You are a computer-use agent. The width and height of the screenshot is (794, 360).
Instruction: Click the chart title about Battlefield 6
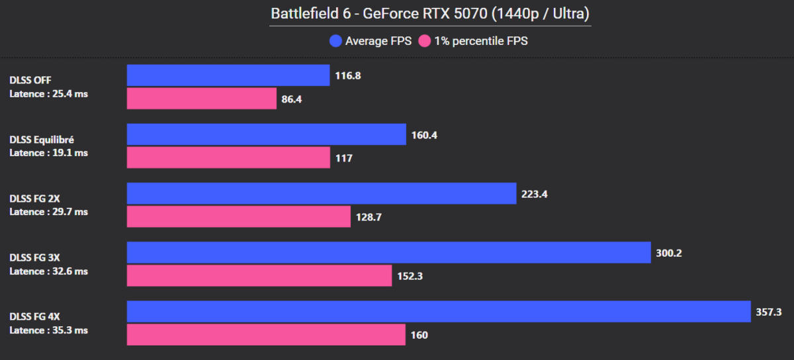click(x=430, y=13)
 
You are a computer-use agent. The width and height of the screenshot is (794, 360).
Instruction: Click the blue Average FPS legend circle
click(x=335, y=41)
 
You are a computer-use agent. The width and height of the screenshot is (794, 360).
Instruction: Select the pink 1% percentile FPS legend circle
click(x=424, y=41)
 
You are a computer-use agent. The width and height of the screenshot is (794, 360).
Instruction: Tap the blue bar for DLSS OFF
click(x=228, y=75)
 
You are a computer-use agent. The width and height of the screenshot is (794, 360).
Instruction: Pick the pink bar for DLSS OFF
click(x=201, y=99)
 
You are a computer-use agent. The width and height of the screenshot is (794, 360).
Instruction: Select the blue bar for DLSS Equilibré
click(x=266, y=134)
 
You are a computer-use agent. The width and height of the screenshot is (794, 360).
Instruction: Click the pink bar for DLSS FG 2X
click(x=238, y=216)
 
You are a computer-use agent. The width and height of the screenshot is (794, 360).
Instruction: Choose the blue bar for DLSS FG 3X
click(x=388, y=253)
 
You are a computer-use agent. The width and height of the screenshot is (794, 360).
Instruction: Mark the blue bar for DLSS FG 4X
click(x=439, y=312)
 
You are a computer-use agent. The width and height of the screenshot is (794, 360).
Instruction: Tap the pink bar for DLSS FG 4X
click(x=266, y=335)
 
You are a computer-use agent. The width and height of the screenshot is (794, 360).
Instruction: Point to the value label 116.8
click(x=348, y=75)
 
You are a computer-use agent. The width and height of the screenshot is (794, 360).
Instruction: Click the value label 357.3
click(x=769, y=312)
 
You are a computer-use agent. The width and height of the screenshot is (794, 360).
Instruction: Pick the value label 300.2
click(x=670, y=253)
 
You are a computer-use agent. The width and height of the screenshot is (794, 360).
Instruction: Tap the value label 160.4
click(x=424, y=135)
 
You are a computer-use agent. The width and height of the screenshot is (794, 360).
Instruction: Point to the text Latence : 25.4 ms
click(x=48, y=94)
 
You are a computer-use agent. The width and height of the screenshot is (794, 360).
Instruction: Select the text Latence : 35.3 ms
click(x=48, y=330)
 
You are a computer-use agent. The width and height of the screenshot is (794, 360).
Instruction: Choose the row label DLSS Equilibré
click(x=42, y=140)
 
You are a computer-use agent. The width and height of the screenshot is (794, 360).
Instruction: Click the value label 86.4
click(x=292, y=99)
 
